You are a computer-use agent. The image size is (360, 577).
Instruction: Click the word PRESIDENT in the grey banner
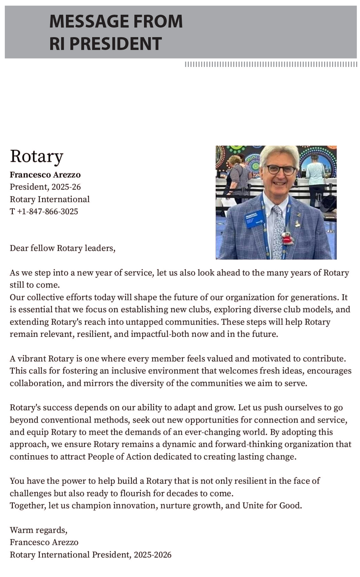116,44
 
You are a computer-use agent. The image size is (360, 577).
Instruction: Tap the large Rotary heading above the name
36,156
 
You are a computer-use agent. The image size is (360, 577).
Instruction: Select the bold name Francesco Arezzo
45,175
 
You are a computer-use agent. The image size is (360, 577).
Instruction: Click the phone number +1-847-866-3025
47,211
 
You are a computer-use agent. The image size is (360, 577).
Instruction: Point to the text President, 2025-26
45,187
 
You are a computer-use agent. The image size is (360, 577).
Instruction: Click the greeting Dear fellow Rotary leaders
62,248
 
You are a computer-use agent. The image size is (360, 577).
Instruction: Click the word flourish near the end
136,493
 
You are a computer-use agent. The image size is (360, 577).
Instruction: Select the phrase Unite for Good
272,506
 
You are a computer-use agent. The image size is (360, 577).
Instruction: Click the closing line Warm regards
38,530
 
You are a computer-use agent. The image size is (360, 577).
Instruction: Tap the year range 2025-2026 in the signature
153,555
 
